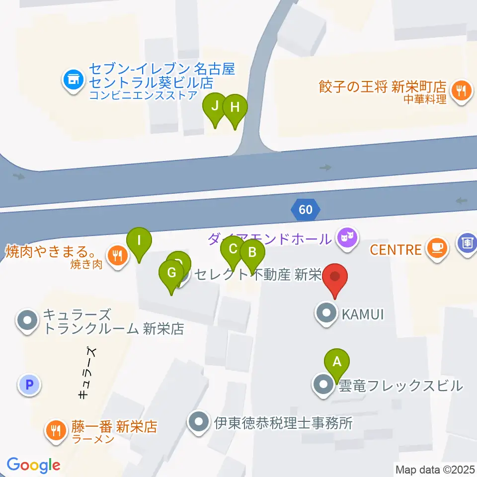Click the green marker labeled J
click(x=215, y=106)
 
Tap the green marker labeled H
click(x=235, y=107)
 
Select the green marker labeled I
click(x=139, y=241)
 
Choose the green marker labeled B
click(x=252, y=252)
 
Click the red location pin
click(x=335, y=277)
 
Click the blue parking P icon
click(x=29, y=384)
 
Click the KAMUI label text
click(x=362, y=314)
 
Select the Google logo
click(x=34, y=466)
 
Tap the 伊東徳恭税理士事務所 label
click(x=283, y=423)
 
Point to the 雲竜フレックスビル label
click(x=400, y=385)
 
